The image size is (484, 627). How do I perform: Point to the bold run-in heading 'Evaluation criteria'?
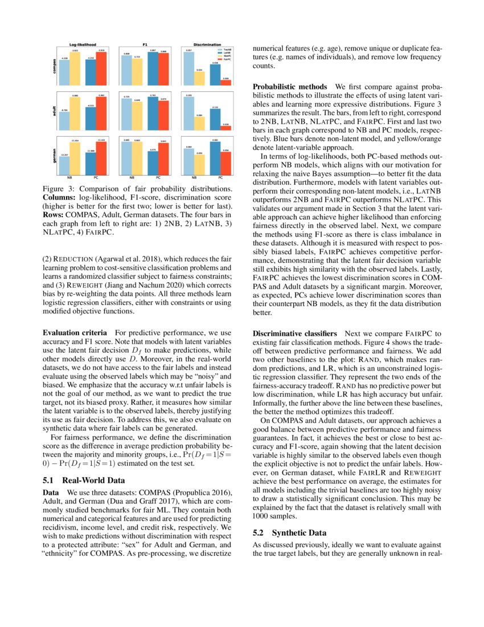pyautogui.click(x=75, y=332)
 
